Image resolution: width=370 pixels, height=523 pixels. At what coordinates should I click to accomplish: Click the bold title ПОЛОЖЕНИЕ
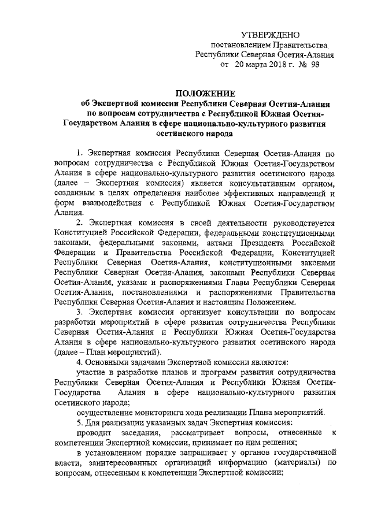click(x=205, y=92)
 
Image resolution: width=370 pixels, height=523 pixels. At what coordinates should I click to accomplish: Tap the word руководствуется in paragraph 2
click(x=299, y=223)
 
